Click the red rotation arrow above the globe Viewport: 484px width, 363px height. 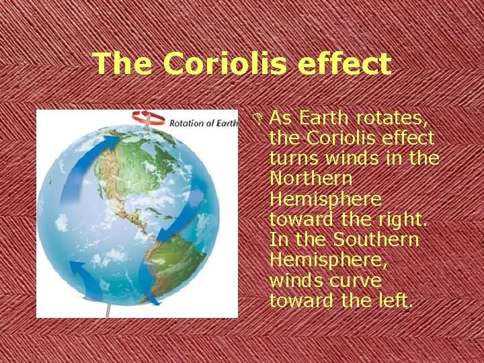(x=147, y=118)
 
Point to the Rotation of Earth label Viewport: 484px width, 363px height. (x=203, y=123)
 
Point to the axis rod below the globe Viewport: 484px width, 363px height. (x=108, y=310)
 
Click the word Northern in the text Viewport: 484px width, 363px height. (x=310, y=179)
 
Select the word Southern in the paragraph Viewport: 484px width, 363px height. (x=376, y=240)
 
